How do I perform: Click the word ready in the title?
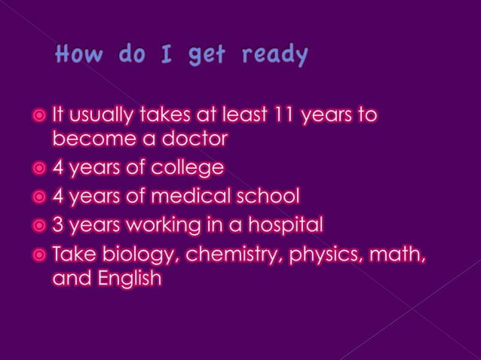pyautogui.click(x=275, y=56)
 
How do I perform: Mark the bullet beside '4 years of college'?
pyautogui.click(x=38, y=168)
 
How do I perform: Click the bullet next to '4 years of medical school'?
pyautogui.click(x=38, y=197)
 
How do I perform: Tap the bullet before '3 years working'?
pyautogui.click(x=38, y=225)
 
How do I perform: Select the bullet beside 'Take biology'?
pyautogui.click(x=38, y=254)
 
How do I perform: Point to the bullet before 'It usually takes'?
pyautogui.click(x=38, y=117)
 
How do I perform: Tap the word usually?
pyautogui.click(x=103, y=116)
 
